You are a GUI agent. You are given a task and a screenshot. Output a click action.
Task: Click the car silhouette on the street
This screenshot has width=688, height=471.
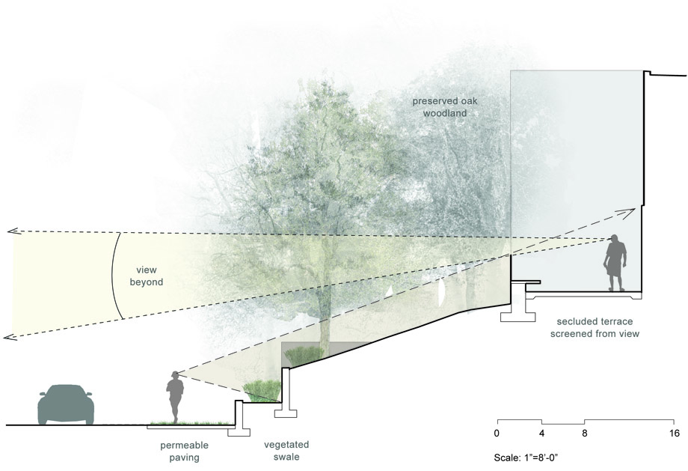[x=66, y=404]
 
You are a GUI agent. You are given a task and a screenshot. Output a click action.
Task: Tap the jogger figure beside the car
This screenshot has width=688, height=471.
[x=175, y=397]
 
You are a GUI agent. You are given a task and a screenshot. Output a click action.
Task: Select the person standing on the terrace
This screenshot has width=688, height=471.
[x=615, y=263]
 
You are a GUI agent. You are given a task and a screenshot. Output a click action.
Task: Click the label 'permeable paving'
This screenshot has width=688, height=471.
[x=184, y=452]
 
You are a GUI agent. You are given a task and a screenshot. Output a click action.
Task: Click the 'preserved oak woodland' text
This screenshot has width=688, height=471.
[x=444, y=107]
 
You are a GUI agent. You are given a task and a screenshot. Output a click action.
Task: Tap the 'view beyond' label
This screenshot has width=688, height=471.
[x=146, y=276]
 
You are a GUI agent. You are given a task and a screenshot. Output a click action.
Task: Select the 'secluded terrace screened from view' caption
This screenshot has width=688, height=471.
[x=595, y=327]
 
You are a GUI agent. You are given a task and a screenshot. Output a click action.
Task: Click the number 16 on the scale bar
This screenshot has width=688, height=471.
[x=675, y=434]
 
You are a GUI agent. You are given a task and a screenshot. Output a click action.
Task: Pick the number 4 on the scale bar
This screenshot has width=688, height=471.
[x=542, y=434]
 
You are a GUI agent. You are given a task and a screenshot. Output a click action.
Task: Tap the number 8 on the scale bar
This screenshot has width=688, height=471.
[x=585, y=434]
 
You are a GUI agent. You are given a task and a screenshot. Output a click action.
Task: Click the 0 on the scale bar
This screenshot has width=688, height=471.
[x=497, y=434]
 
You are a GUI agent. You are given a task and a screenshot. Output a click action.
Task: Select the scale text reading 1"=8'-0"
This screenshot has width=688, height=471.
[x=541, y=458]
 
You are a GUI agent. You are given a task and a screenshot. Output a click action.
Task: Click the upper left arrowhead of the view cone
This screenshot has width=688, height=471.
[x=10, y=231]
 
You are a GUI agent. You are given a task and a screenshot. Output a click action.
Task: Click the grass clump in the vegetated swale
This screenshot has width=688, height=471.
[x=262, y=391]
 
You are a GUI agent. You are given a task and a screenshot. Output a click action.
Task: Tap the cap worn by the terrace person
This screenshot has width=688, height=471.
[x=615, y=237]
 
